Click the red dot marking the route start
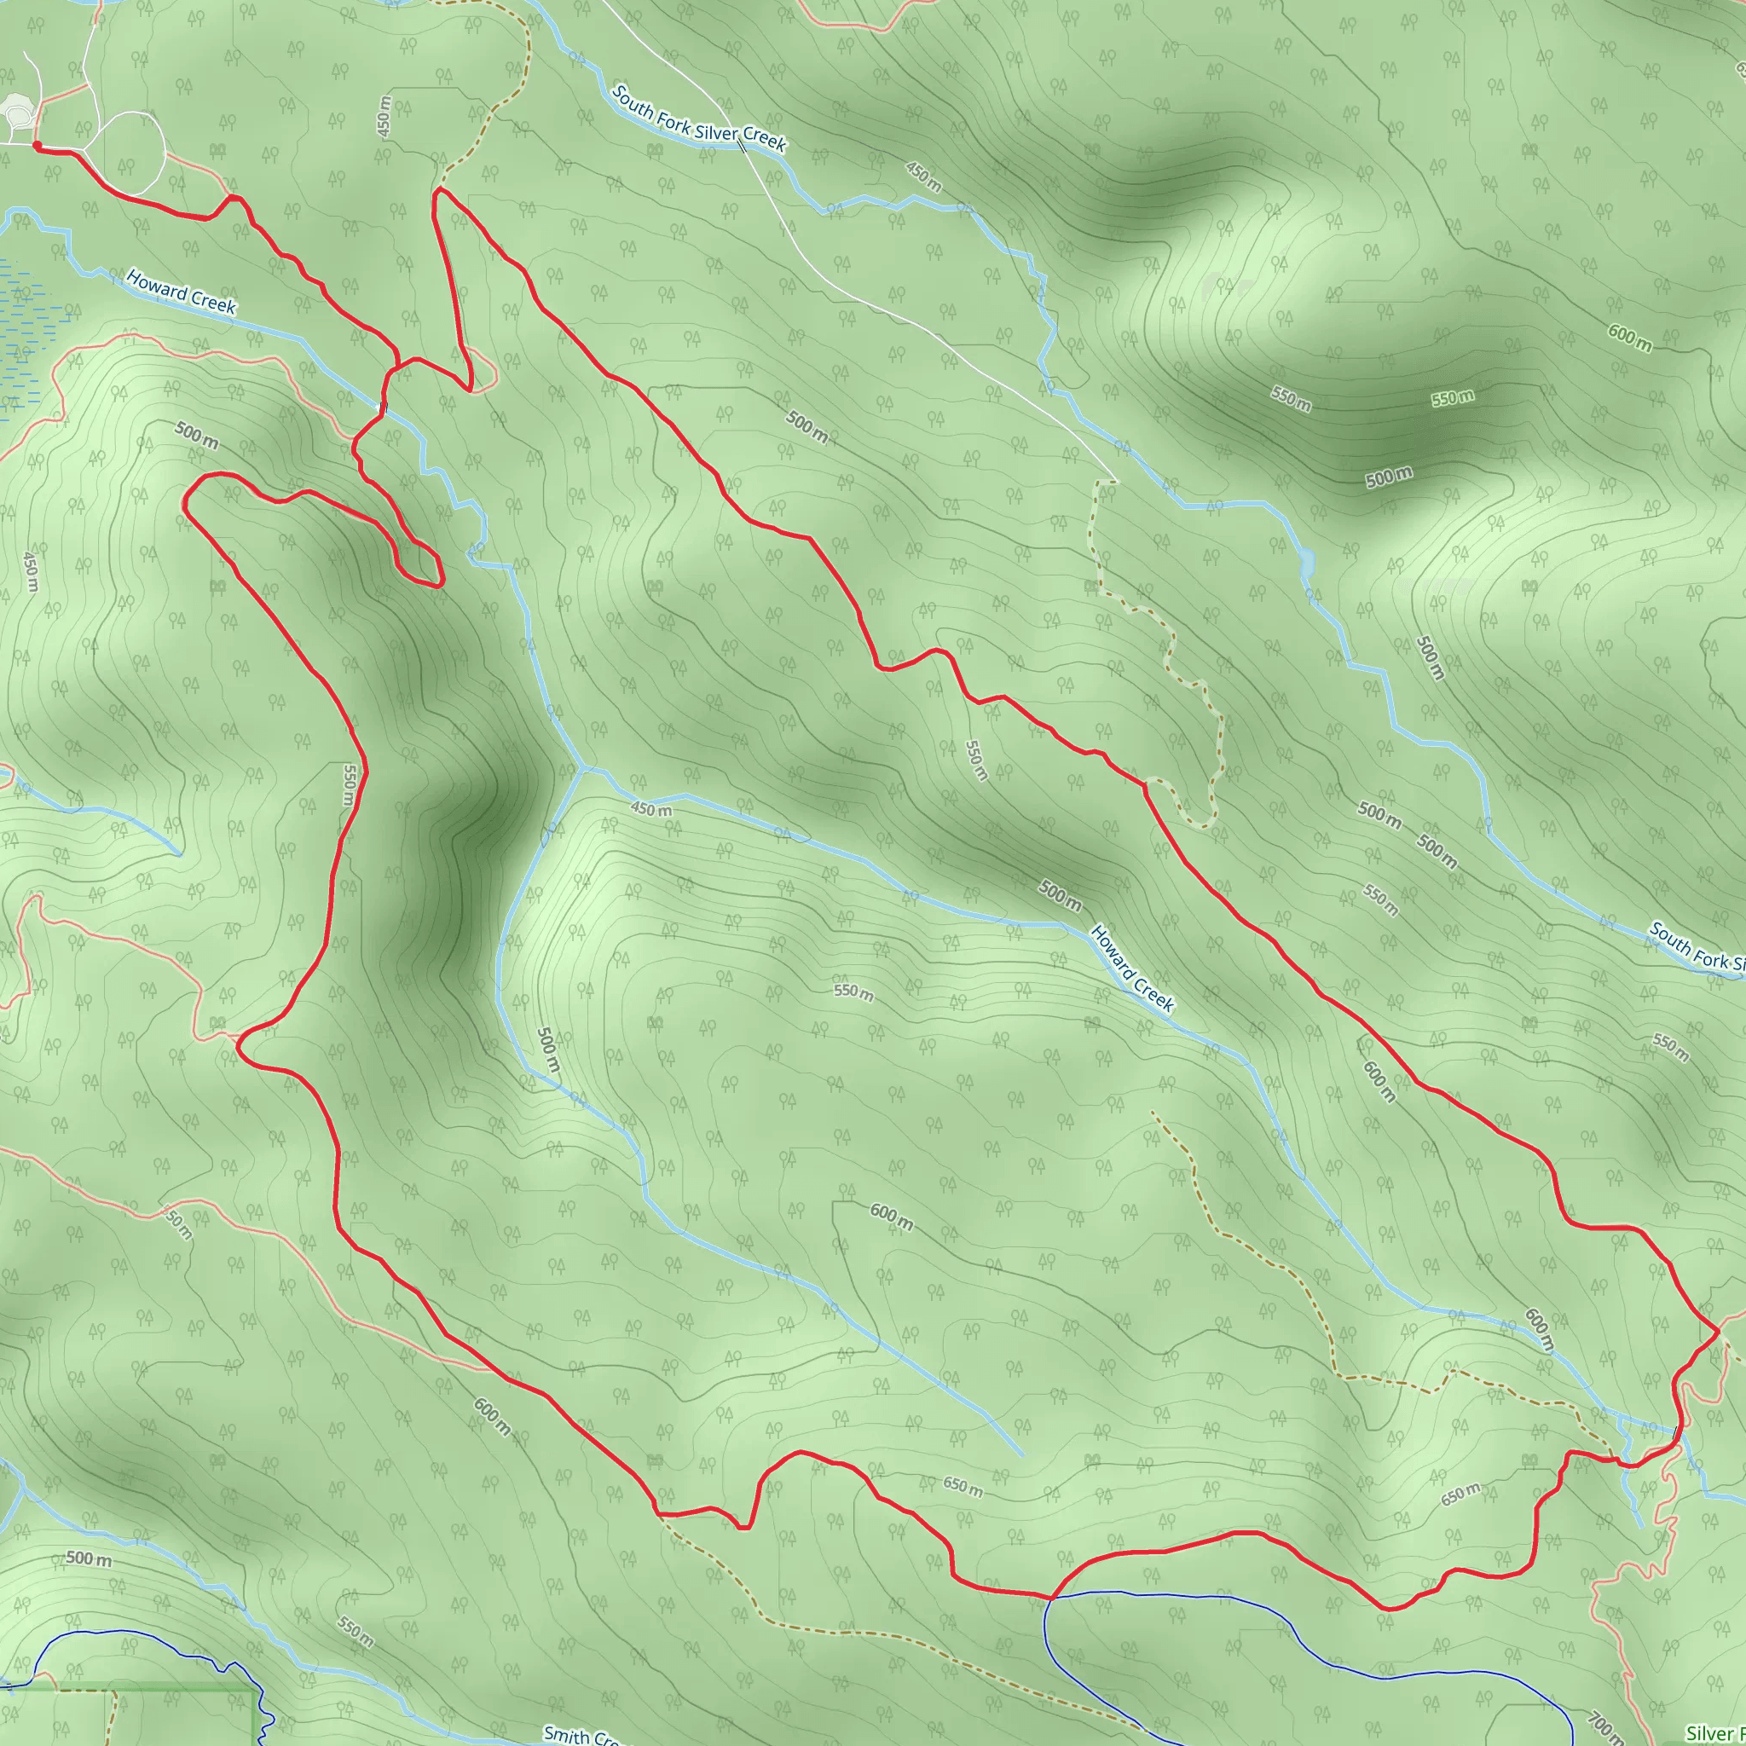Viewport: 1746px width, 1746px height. (x=36, y=145)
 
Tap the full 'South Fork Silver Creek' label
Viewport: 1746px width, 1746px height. (x=698, y=119)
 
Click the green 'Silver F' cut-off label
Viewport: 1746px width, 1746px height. (x=1714, y=1733)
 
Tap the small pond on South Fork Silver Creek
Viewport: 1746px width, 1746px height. (x=1306, y=562)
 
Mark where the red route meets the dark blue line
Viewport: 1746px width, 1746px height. (x=1051, y=1597)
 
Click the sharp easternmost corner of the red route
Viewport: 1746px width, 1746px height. (x=1717, y=1330)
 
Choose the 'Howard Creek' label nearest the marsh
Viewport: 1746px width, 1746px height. (x=181, y=292)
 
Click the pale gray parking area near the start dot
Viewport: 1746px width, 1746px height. (x=17, y=113)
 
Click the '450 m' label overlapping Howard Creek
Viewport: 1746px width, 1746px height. (x=650, y=810)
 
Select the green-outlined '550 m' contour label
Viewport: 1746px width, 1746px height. (x=1452, y=398)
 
